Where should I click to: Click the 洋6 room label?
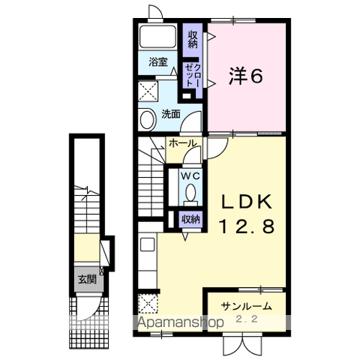[x=246, y=76]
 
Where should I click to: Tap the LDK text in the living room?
[x=247, y=202]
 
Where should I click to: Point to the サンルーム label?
[x=247, y=306]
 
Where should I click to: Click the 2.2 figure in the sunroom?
[x=247, y=319]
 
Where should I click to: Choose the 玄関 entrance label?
[x=87, y=279]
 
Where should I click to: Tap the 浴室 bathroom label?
[x=158, y=62]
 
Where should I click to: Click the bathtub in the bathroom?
[x=157, y=37]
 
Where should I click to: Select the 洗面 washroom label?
[x=171, y=114]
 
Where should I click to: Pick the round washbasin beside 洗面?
[x=147, y=119]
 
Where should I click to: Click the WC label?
[x=190, y=176]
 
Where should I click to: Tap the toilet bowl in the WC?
[x=191, y=193]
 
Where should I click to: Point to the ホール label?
[x=182, y=143]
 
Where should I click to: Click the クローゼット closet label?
[x=193, y=75]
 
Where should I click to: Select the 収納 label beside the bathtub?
[x=193, y=39]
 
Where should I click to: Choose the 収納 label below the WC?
[x=191, y=219]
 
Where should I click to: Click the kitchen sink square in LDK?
[x=147, y=244]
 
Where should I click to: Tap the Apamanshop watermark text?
[x=181, y=322]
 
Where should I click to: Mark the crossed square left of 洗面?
[x=148, y=91]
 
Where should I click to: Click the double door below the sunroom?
[x=243, y=346]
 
